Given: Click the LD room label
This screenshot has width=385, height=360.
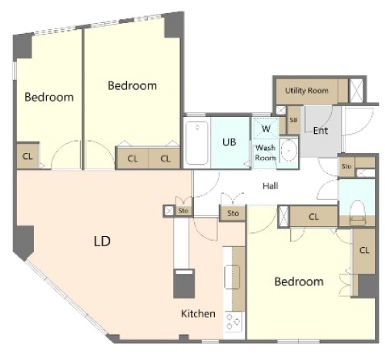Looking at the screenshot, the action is pos(102,241).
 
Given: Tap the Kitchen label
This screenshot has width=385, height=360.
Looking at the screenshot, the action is pos(198,314).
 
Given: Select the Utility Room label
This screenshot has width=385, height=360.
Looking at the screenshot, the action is pos(306,91).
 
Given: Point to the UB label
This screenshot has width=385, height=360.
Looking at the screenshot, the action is pos(229,142).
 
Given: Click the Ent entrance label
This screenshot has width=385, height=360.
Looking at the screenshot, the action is pos(320,131).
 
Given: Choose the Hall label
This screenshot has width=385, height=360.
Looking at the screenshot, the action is pos(270,186).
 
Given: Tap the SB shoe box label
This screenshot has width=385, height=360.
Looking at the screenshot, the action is pos(293,120).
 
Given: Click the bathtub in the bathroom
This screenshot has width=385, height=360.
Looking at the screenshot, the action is pos(197,142).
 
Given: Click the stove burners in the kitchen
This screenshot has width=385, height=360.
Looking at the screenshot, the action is pos(233,322).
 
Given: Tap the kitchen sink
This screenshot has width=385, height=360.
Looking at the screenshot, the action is pos(233,277).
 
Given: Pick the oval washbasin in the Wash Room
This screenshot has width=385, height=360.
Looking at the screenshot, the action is pos(289,151).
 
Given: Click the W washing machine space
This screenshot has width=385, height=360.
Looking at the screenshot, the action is pos(266,128).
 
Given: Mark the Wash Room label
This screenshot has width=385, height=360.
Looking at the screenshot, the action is pos(266,152).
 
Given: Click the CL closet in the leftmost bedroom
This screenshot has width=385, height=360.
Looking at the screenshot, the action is pos(28,156).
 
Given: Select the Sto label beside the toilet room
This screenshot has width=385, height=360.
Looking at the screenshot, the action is pos(346,166).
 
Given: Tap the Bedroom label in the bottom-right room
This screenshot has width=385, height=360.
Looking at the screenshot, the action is pos(299,282).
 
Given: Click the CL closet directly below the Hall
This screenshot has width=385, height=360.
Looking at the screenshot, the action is pos(313,217).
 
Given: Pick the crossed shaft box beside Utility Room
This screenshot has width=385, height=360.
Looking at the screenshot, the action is pos(357,91).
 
